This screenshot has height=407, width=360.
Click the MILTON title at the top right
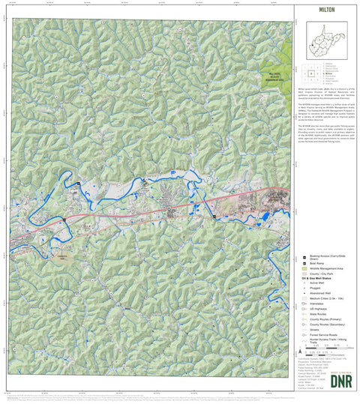point(325,10)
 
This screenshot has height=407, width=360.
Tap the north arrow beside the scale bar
point(300,352)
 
